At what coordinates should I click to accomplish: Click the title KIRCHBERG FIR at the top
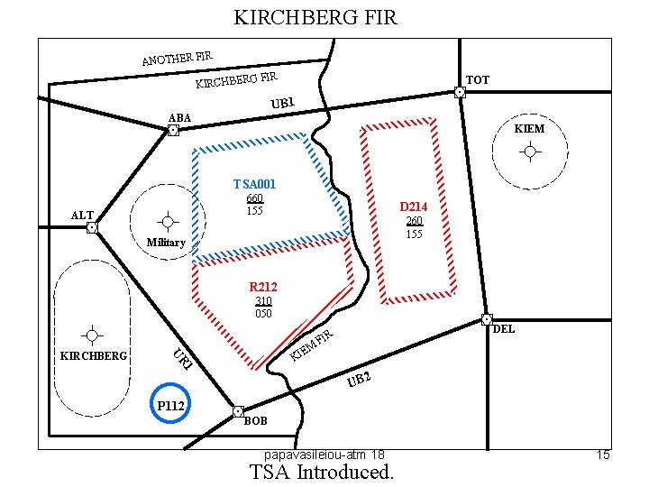[x=315, y=17]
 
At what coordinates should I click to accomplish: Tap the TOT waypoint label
[x=478, y=80]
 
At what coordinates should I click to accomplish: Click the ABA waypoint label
[x=180, y=118]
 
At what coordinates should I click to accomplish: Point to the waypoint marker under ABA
[x=173, y=131]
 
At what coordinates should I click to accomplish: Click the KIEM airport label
[x=529, y=130]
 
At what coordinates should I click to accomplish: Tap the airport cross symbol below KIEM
[x=530, y=152]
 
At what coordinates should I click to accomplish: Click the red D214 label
[x=414, y=207]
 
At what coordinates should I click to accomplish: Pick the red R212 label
[x=263, y=287]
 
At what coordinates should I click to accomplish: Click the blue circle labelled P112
[x=171, y=407]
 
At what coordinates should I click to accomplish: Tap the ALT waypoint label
[x=82, y=215]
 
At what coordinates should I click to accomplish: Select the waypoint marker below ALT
[x=91, y=228]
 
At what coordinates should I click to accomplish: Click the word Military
[x=166, y=243]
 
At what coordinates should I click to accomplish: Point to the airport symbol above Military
[x=168, y=221]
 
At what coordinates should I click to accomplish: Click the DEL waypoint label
[x=504, y=329]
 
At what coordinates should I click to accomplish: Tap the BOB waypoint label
[x=256, y=421]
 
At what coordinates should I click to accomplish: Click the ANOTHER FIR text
[x=177, y=59]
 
